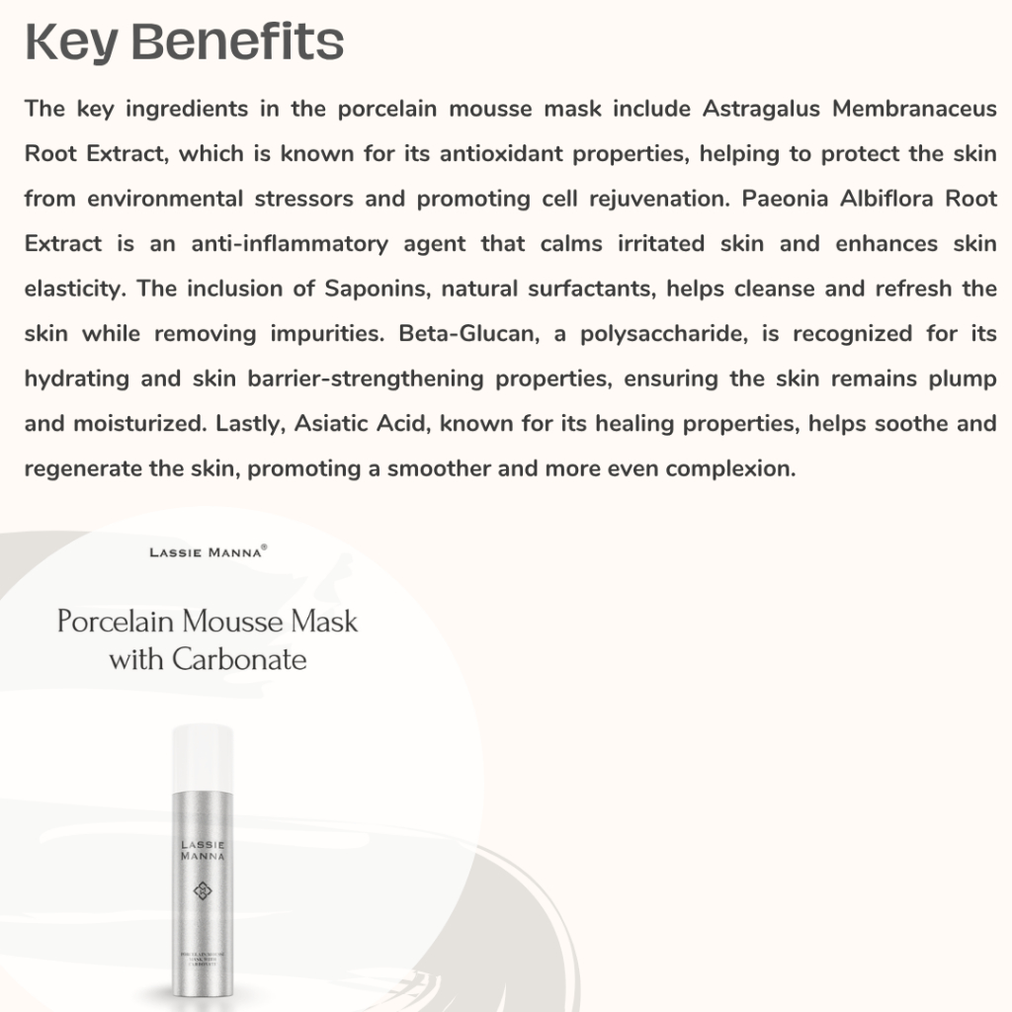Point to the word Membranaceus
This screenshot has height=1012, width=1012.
click(914, 109)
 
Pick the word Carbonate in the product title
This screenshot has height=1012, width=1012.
click(239, 658)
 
